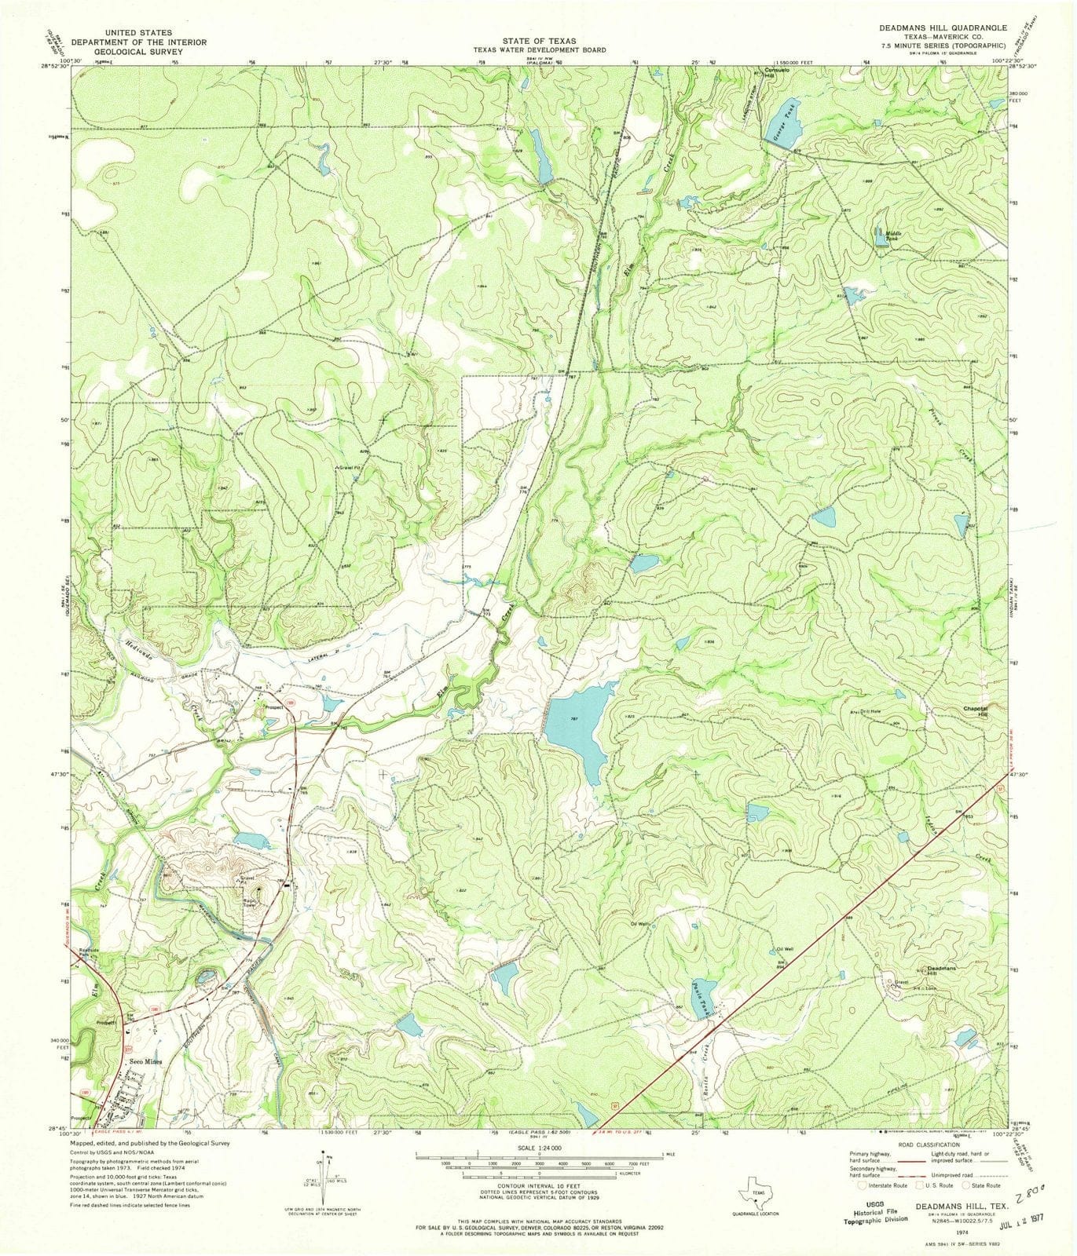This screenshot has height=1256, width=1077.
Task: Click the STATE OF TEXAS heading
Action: (x=538, y=41)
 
